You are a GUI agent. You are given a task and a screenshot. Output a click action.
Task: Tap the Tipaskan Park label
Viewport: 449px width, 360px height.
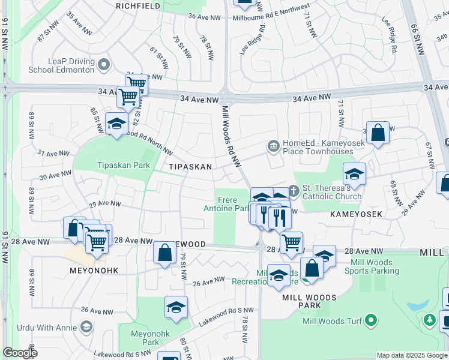124,165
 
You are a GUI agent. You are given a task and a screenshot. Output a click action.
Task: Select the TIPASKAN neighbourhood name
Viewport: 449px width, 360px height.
190,167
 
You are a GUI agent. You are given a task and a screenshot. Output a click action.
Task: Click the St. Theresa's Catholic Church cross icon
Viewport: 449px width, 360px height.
294,190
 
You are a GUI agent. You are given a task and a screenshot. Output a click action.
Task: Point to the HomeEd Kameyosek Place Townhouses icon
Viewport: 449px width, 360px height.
274,146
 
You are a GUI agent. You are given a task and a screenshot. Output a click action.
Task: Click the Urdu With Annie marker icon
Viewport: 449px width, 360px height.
86,327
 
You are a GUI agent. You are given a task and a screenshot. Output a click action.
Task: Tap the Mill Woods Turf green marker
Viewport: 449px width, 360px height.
371,320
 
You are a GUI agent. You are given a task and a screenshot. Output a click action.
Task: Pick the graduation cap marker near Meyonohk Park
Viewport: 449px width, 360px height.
176,307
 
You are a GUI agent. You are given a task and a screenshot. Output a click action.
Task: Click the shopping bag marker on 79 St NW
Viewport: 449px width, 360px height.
164,253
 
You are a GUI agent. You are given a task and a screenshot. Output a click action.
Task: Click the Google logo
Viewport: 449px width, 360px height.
20,353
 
